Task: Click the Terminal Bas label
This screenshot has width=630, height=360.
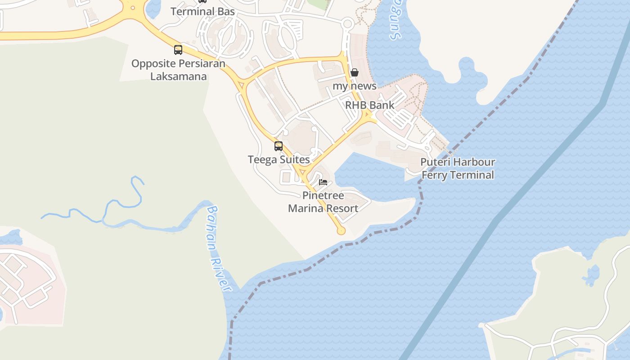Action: pyautogui.click(x=202, y=12)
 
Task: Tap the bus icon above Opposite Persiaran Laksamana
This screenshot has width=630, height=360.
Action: pyautogui.click(x=178, y=50)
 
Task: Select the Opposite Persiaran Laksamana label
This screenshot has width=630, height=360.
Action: pyautogui.click(x=178, y=70)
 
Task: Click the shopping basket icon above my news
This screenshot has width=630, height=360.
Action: pyautogui.click(x=355, y=72)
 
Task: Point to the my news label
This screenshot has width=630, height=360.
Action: pyautogui.click(x=354, y=85)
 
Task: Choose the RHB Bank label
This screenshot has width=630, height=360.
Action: pyautogui.click(x=369, y=105)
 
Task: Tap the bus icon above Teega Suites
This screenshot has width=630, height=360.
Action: pyautogui.click(x=279, y=146)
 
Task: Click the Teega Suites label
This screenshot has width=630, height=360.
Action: pyautogui.click(x=279, y=160)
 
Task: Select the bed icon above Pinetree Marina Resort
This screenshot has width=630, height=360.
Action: pyautogui.click(x=323, y=182)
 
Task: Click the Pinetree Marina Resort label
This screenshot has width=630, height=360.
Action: pyautogui.click(x=323, y=202)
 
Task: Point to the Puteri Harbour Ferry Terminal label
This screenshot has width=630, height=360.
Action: pyautogui.click(x=458, y=169)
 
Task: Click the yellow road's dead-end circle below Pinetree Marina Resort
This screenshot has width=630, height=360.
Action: pyautogui.click(x=341, y=231)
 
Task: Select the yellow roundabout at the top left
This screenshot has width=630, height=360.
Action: pyautogui.click(x=133, y=8)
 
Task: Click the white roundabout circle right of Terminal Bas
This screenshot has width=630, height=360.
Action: pyautogui.click(x=347, y=24)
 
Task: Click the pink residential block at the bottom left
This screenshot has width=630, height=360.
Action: pyautogui.click(x=27, y=279)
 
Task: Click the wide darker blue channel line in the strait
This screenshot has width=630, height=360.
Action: pyautogui.click(x=495, y=220)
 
